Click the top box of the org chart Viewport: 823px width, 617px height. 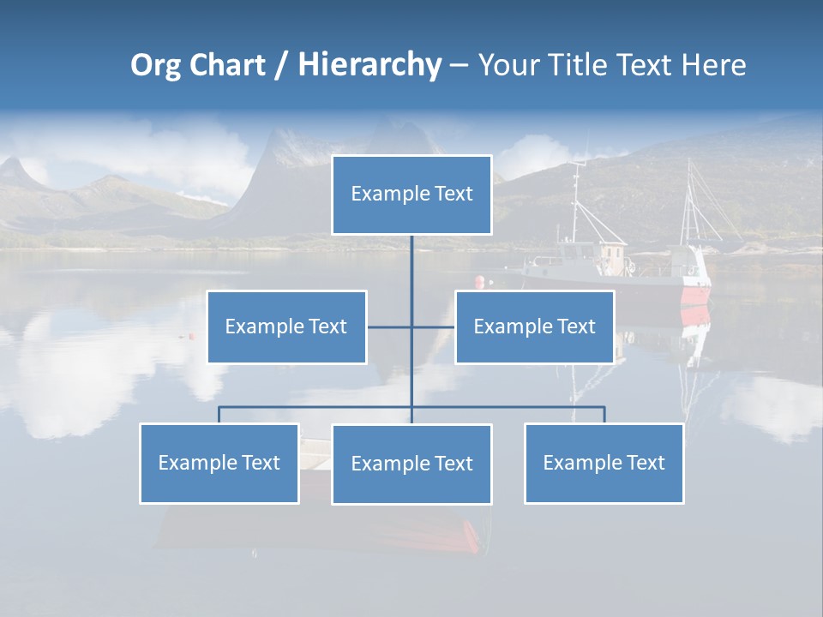[x=411, y=195]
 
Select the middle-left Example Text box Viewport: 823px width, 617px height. [x=286, y=326]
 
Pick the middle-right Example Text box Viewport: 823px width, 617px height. [x=534, y=326]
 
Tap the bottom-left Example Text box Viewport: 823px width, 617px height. [x=219, y=463]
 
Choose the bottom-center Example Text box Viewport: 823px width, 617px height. [x=411, y=464]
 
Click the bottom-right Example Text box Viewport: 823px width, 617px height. [x=604, y=463]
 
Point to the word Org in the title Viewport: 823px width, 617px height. [x=155, y=65]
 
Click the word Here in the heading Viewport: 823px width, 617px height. [x=713, y=65]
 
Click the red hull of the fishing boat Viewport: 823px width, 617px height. [x=695, y=296]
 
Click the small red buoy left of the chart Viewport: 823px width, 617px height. [x=191, y=336]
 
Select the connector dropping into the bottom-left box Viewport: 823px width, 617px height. [x=219, y=415]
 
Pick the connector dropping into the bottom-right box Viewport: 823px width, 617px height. [x=604, y=415]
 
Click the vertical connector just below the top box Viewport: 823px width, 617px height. [x=411, y=257]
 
